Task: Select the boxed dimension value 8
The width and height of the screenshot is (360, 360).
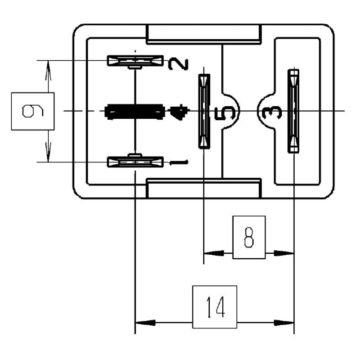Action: click(x=249, y=238)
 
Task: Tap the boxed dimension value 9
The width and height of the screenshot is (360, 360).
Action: click(x=32, y=111)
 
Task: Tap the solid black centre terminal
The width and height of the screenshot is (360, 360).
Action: click(x=135, y=111)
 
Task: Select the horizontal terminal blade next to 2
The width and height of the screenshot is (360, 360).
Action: click(x=135, y=60)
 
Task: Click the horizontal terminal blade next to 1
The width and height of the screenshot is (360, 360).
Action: click(x=135, y=162)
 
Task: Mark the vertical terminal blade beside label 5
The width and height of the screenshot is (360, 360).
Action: click(x=204, y=111)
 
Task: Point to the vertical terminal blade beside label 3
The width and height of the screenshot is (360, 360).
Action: click(x=293, y=111)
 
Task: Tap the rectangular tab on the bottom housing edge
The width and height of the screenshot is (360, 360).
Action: click(x=204, y=189)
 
